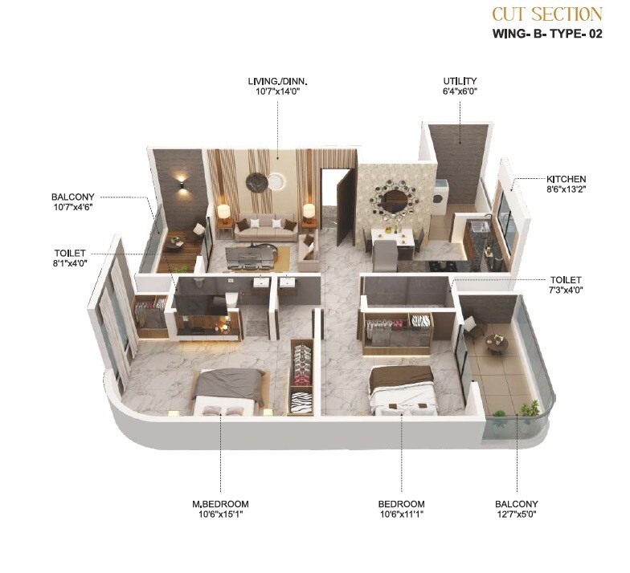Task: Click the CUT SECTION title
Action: coord(546,14)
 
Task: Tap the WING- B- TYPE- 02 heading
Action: coord(546,35)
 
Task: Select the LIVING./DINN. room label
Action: coord(278,81)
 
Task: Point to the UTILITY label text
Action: coord(460,81)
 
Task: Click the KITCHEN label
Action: coord(567,179)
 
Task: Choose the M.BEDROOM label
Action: coord(219,504)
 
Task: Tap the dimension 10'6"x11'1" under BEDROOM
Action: coord(401,514)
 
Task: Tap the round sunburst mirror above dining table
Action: coord(394,201)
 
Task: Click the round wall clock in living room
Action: coord(257,181)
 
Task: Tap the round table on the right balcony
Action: coord(497,344)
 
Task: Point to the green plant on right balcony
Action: coord(528,409)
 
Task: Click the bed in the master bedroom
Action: coord(228,390)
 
